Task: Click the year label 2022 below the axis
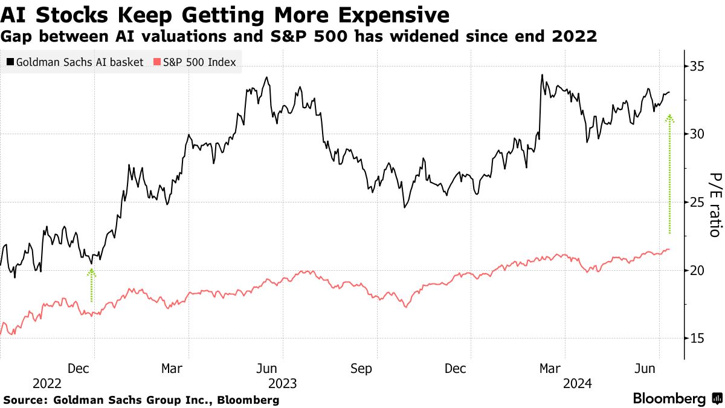pyautogui.click(x=47, y=384)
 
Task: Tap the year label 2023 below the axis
pyautogui.click(x=283, y=384)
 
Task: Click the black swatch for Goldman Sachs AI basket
pyautogui.click(x=10, y=62)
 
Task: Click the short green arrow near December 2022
pyautogui.click(x=92, y=285)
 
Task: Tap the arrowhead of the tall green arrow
pyautogui.click(x=669, y=118)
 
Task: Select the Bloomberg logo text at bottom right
pyautogui.click(x=669, y=399)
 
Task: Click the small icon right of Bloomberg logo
pyautogui.click(x=717, y=399)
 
